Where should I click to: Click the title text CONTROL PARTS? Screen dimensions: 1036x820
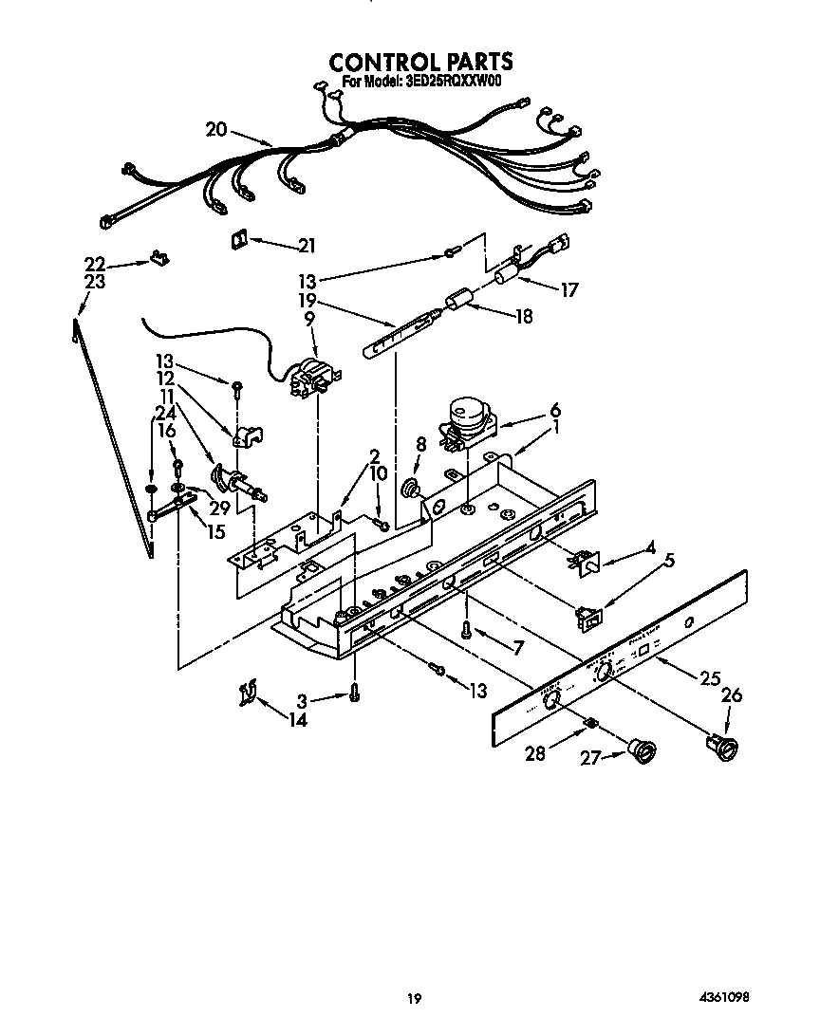(420, 62)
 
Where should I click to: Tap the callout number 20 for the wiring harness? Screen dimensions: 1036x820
(216, 130)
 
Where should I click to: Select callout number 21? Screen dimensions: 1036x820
(306, 246)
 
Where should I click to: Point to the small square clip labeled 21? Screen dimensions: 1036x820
(236, 241)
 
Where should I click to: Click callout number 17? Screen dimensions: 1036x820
(568, 290)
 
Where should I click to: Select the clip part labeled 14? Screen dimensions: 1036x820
(246, 695)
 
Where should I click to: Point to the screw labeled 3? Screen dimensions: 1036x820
(353, 694)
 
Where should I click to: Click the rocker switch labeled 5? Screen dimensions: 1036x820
(589, 617)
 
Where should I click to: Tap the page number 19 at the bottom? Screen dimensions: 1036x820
(413, 998)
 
